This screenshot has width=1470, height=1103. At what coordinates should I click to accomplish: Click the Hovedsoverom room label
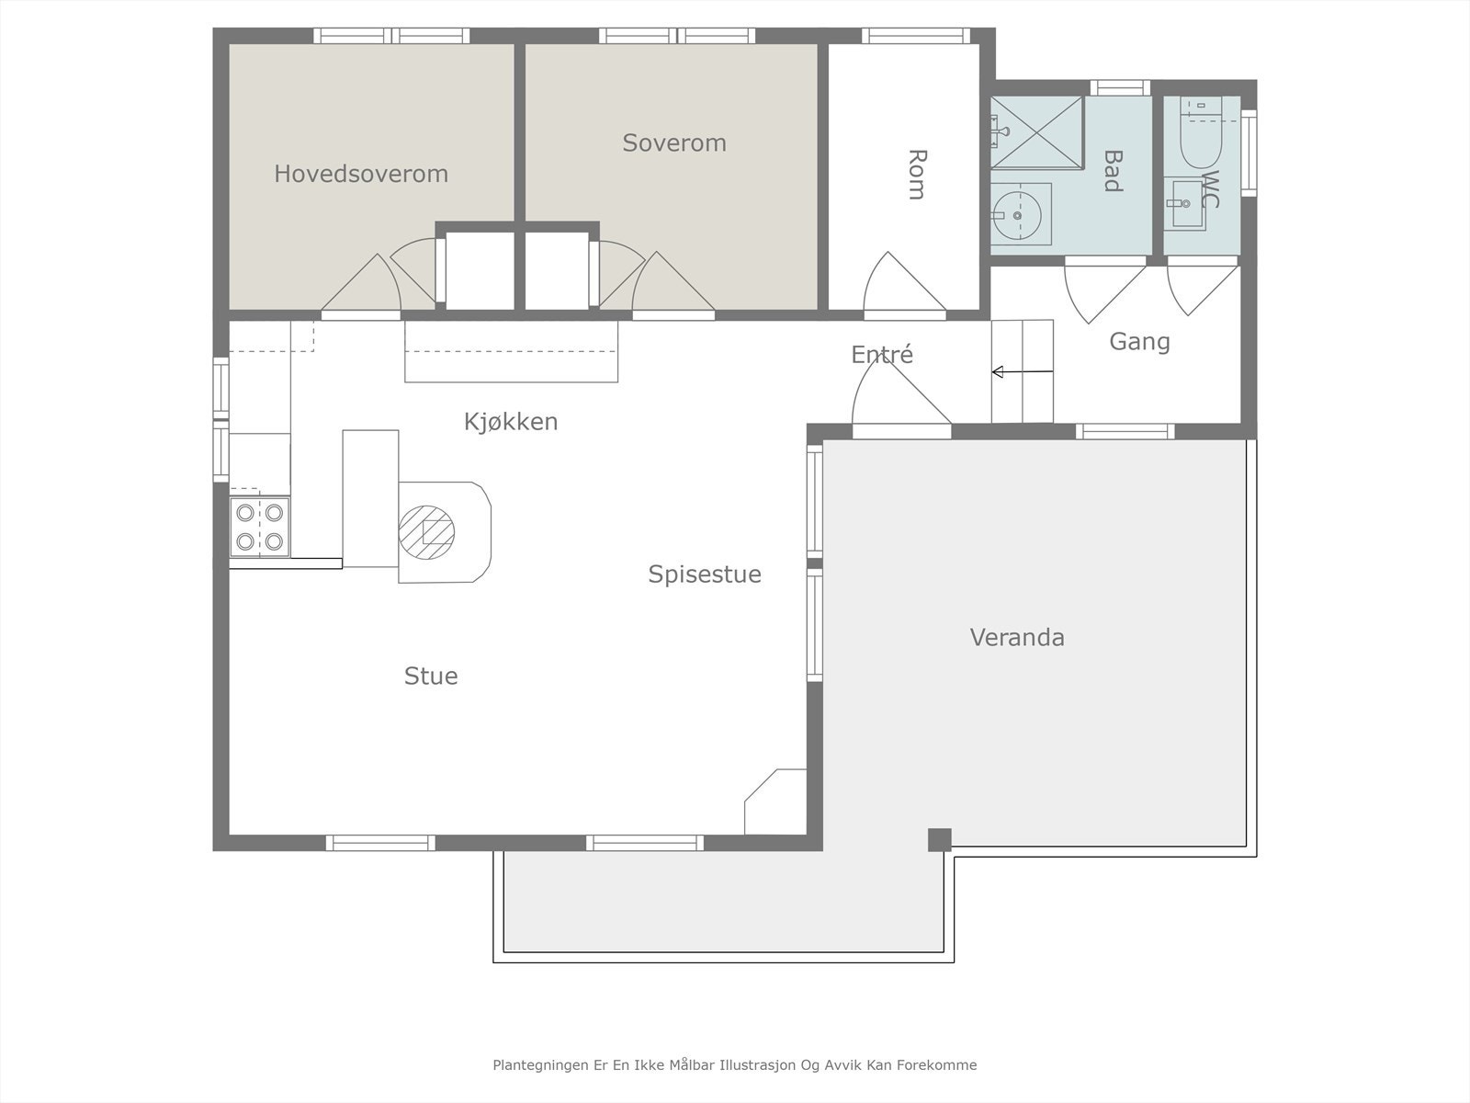361,174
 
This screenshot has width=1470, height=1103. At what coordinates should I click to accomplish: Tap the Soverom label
674,142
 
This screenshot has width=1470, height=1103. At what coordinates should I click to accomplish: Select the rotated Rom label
917,175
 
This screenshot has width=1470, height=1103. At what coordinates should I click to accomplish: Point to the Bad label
1113,171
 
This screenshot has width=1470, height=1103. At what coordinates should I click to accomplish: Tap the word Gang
1140,342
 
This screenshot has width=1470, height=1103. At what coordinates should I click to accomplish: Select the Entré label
882,354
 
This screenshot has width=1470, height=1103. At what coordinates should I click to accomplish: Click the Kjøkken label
511,422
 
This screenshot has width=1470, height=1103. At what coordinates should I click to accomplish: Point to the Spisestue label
705,574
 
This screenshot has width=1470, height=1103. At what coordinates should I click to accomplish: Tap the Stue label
431,677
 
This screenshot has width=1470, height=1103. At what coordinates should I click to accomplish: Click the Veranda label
1017,638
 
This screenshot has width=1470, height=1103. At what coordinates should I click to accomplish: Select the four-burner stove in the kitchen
260,527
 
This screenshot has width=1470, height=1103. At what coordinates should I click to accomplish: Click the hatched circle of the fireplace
426,532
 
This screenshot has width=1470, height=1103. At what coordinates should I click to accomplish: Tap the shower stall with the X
1036,132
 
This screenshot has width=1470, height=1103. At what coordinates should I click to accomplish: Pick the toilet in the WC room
1201,132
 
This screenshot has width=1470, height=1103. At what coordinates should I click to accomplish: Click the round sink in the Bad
1017,216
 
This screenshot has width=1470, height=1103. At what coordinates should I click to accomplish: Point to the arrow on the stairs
1023,371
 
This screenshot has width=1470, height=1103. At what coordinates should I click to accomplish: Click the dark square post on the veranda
940,840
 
